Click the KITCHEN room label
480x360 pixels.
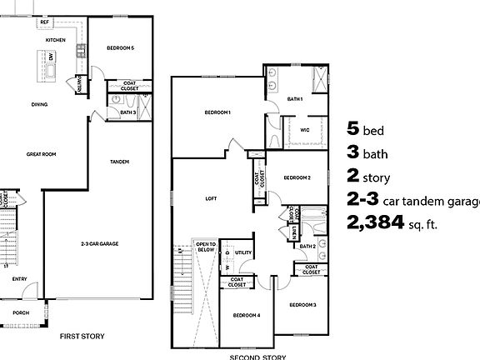pos(56,39)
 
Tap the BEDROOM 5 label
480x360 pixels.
pos(121,48)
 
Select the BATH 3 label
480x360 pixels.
pos(127,111)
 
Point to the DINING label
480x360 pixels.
pos(39,104)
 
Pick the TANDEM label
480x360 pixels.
pos(119,162)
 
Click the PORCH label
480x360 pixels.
pos(20,312)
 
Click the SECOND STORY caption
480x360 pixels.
pos(258,357)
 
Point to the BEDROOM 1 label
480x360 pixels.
pos(217,112)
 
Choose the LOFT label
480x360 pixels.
pos(211,199)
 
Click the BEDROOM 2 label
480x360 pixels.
pos(297,177)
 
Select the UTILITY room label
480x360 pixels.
pos(243,252)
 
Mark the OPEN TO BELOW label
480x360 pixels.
pos(205,247)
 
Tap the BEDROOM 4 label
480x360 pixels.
pos(247,315)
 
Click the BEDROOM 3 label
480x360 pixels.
pos(302,306)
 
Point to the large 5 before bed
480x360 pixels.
pos(352,128)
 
